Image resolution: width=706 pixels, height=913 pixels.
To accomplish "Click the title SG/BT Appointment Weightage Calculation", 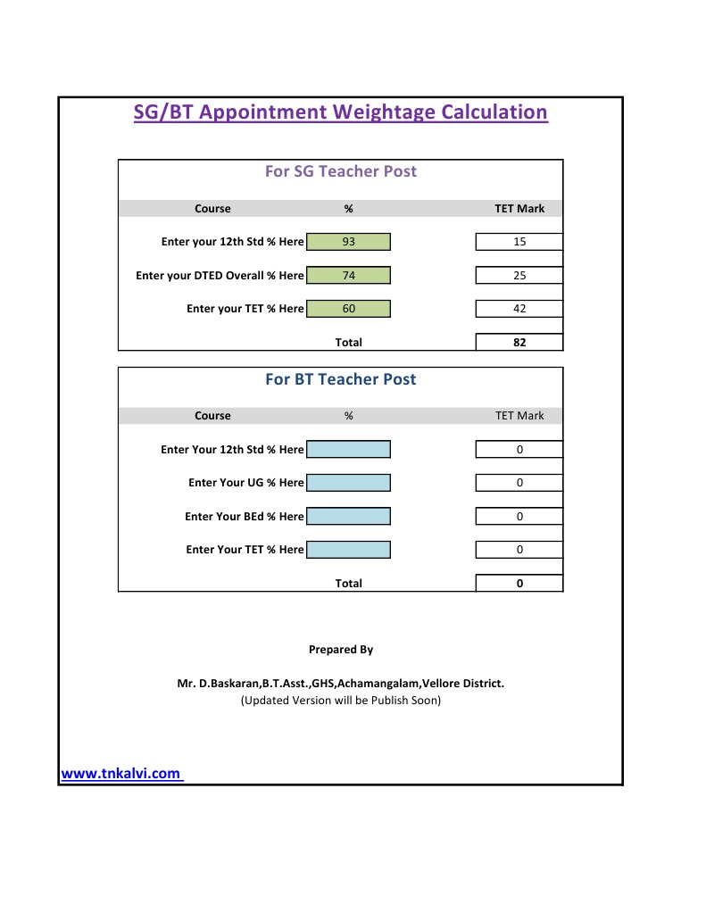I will tap(340, 112).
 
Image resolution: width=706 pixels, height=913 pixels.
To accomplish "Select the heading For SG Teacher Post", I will tap(340, 171).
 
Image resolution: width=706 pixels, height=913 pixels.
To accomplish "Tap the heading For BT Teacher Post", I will tap(340, 379).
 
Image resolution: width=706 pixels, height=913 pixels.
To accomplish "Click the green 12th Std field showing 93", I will tap(348, 242).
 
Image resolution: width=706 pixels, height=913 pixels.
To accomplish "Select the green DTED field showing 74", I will tap(348, 276).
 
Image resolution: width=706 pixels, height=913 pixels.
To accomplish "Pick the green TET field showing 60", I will tap(348, 309).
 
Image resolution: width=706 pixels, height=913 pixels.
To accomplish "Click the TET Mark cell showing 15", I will tap(519, 242).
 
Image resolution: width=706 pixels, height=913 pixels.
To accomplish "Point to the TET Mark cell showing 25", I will tap(519, 276).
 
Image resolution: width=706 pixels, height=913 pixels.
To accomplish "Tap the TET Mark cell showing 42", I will tap(519, 309).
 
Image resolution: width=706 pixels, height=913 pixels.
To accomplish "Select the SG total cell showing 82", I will tap(519, 342).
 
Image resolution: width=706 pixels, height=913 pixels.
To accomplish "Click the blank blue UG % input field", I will tap(348, 483).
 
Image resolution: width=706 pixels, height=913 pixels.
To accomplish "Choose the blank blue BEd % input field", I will tap(348, 517).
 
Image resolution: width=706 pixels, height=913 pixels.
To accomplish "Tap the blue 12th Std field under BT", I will tap(348, 450).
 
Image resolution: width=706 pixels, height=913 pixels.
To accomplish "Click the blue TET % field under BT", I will tap(348, 550).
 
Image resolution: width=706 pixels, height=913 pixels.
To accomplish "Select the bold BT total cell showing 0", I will tap(519, 584).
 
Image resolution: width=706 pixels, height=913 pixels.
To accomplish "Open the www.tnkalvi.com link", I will tap(120, 774).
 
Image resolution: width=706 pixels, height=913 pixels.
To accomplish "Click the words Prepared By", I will tap(340, 650).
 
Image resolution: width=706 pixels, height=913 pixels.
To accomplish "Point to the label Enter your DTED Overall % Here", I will tap(220, 276).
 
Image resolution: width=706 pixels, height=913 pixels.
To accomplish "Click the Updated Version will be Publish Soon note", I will tap(340, 701).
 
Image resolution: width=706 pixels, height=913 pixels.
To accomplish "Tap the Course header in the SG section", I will tap(212, 209).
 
